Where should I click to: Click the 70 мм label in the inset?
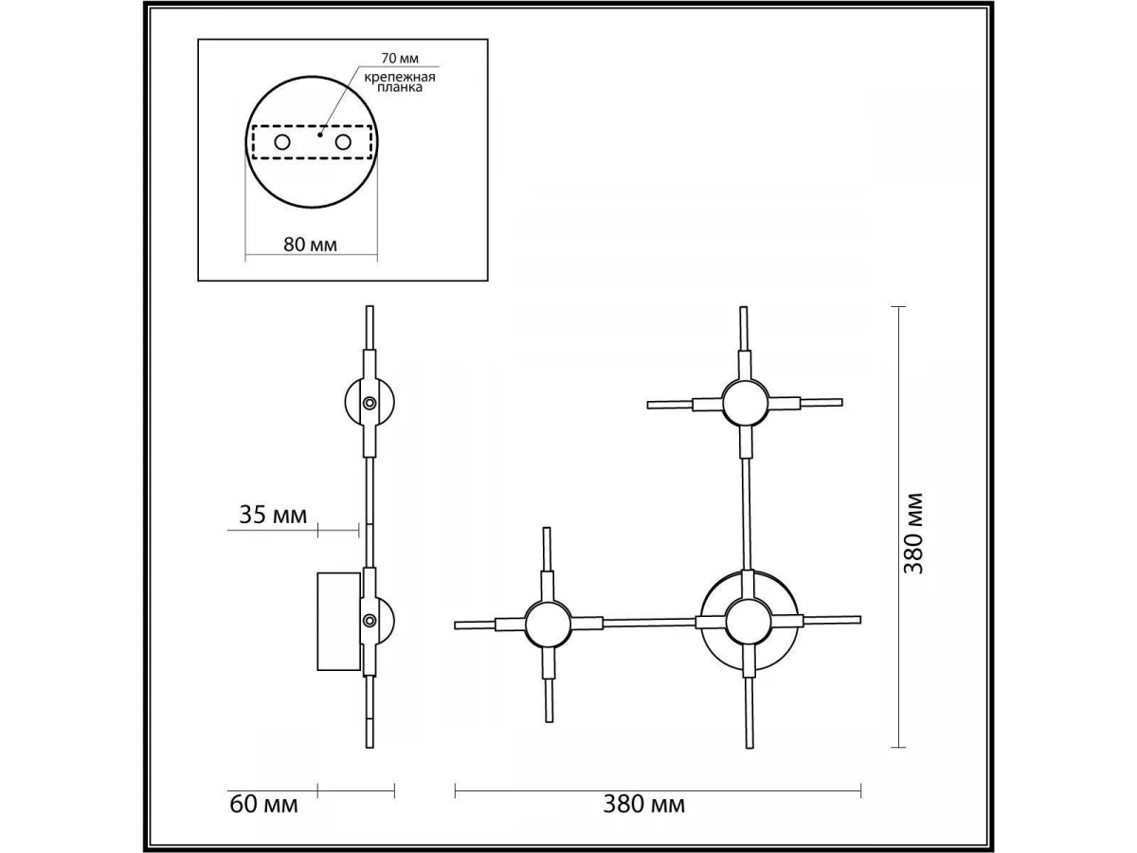point(400,59)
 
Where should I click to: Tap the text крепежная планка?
point(400,82)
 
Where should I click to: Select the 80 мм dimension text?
point(310,245)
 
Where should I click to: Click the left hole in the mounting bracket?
point(282,142)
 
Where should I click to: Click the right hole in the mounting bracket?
point(343,142)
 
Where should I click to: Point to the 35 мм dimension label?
point(273,515)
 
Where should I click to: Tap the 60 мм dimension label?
point(263,805)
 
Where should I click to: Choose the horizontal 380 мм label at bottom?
point(644,805)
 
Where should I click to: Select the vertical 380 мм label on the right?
point(913,534)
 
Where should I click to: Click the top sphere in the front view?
point(745,403)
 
